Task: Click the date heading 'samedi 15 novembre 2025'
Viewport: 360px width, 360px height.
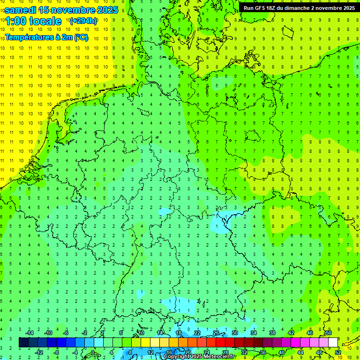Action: (61, 9)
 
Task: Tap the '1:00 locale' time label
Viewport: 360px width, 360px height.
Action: (33, 21)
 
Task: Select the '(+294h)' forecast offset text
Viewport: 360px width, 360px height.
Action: (83, 21)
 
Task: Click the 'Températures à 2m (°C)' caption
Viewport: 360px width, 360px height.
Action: (46, 37)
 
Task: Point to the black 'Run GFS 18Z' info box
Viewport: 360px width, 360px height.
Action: (299, 7)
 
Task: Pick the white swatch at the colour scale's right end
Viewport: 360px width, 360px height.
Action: (333, 343)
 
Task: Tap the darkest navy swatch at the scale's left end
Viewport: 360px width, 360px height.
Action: (23, 343)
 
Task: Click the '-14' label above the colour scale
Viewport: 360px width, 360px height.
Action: (30, 333)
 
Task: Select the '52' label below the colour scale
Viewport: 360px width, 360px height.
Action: (338, 352)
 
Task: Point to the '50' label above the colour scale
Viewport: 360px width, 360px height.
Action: (328, 333)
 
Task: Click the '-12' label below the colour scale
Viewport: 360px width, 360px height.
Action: (39, 352)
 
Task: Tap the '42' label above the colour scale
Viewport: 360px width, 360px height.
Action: (291, 333)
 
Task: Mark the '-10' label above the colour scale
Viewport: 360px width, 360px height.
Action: (48, 333)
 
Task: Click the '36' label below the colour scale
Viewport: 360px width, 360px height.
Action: (262, 352)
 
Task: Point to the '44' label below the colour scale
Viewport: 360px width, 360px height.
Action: (300, 352)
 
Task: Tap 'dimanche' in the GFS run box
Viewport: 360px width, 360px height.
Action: (295, 7)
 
